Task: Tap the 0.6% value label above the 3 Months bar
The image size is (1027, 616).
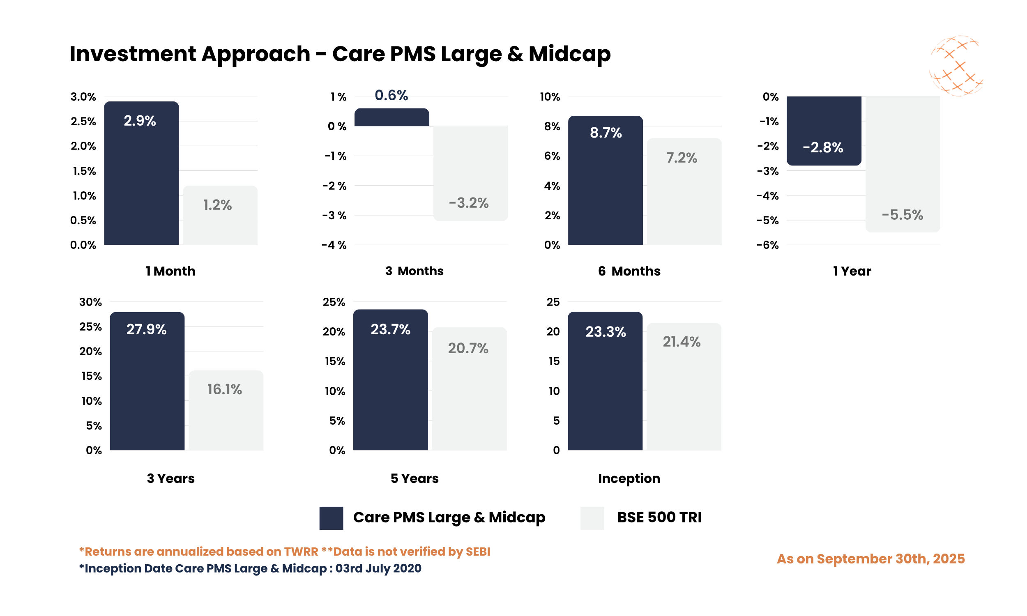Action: [391, 95]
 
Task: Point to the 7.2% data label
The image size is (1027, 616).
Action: [681, 158]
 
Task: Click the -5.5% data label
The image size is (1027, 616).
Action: [902, 215]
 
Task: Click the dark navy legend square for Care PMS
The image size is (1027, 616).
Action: [331, 517]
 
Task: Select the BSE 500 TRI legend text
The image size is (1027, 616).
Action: [659, 517]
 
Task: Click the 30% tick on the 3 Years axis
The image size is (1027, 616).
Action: [90, 302]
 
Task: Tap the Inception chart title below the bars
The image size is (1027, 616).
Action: [629, 478]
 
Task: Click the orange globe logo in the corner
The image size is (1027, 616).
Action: [956, 66]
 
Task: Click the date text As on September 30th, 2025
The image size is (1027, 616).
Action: [870, 559]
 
